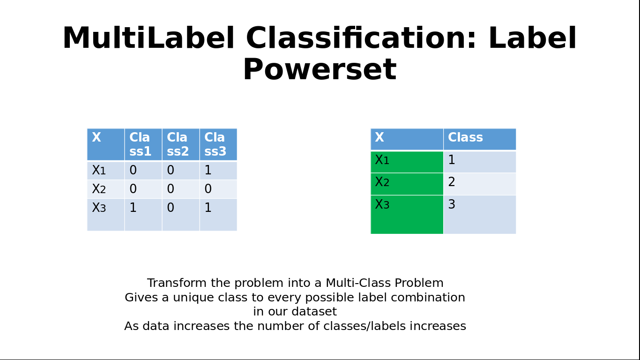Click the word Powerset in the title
point(320,69)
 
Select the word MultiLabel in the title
point(149,38)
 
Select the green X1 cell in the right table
point(407,162)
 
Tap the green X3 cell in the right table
point(407,215)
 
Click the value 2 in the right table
point(452,182)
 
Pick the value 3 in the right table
point(452,204)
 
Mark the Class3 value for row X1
point(208,171)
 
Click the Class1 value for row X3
point(133,208)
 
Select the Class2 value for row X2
point(171,189)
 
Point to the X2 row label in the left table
point(99,189)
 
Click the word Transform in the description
point(177,283)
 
